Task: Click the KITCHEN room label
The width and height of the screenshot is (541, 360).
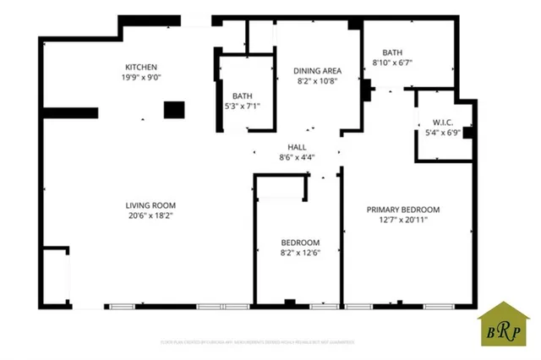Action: [141, 68]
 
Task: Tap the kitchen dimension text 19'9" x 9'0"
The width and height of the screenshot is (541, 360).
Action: [142, 78]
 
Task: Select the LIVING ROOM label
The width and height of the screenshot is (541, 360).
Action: [150, 205]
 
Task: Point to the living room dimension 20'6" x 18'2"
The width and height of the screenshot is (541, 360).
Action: [150, 215]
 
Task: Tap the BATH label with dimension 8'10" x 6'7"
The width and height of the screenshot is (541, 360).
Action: [392, 52]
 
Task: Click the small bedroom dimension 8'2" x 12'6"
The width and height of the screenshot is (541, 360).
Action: [300, 251]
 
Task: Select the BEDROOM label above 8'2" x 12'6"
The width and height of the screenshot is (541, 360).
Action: [300, 241]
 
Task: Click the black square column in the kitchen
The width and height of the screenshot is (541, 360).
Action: [174, 110]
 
